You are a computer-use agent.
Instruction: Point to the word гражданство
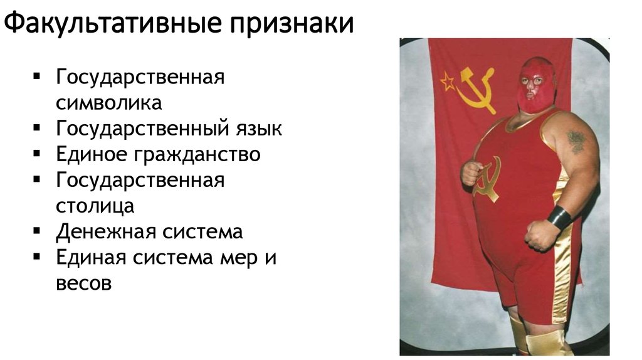point(201,154)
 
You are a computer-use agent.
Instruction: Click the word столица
point(94,206)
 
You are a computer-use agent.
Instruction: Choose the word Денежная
point(105,231)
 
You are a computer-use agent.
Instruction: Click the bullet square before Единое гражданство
point(38,154)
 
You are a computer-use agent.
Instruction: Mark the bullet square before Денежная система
point(38,231)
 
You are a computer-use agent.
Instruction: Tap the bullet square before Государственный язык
point(38,128)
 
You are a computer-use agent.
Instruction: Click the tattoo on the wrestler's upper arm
point(575,140)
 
